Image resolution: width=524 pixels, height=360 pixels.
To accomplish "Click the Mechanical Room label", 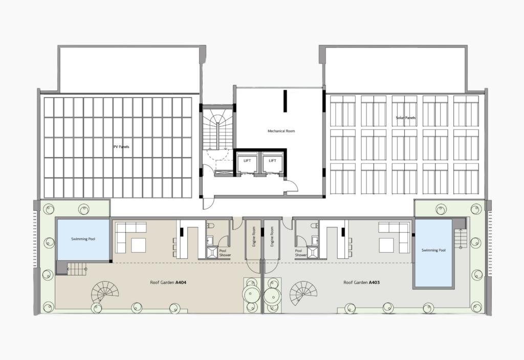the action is pyautogui.click(x=281, y=131).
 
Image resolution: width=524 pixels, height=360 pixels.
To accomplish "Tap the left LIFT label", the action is pyautogui.click(x=247, y=161).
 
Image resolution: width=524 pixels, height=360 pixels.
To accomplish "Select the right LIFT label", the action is pyautogui.click(x=272, y=161).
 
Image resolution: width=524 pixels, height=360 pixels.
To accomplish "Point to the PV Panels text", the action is pyautogui.click(x=121, y=147).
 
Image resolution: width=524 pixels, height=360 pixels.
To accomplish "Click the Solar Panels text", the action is pyautogui.click(x=406, y=118).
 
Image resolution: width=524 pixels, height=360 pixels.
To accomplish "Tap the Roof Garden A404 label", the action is pyautogui.click(x=168, y=282).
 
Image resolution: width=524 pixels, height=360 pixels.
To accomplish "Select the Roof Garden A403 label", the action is pyautogui.click(x=362, y=282).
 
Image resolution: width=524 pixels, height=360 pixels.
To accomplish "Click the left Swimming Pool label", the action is pyautogui.click(x=83, y=239).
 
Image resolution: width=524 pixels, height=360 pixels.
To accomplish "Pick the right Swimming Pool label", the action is pyautogui.click(x=433, y=250).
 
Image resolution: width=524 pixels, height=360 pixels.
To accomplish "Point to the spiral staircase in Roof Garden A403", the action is pyautogui.click(x=303, y=293).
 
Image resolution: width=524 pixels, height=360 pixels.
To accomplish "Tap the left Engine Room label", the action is pyautogui.click(x=254, y=237).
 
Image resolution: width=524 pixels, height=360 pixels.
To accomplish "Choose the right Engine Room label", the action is pyautogui.click(x=272, y=237).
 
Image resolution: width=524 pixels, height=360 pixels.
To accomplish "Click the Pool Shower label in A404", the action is pyautogui.click(x=225, y=253).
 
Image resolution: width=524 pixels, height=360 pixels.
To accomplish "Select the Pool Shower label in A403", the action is pyautogui.click(x=301, y=253).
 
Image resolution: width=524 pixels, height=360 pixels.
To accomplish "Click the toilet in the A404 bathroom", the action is pyautogui.click(x=210, y=226).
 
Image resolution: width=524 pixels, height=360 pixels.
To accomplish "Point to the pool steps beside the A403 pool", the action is pyautogui.click(x=460, y=238).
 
